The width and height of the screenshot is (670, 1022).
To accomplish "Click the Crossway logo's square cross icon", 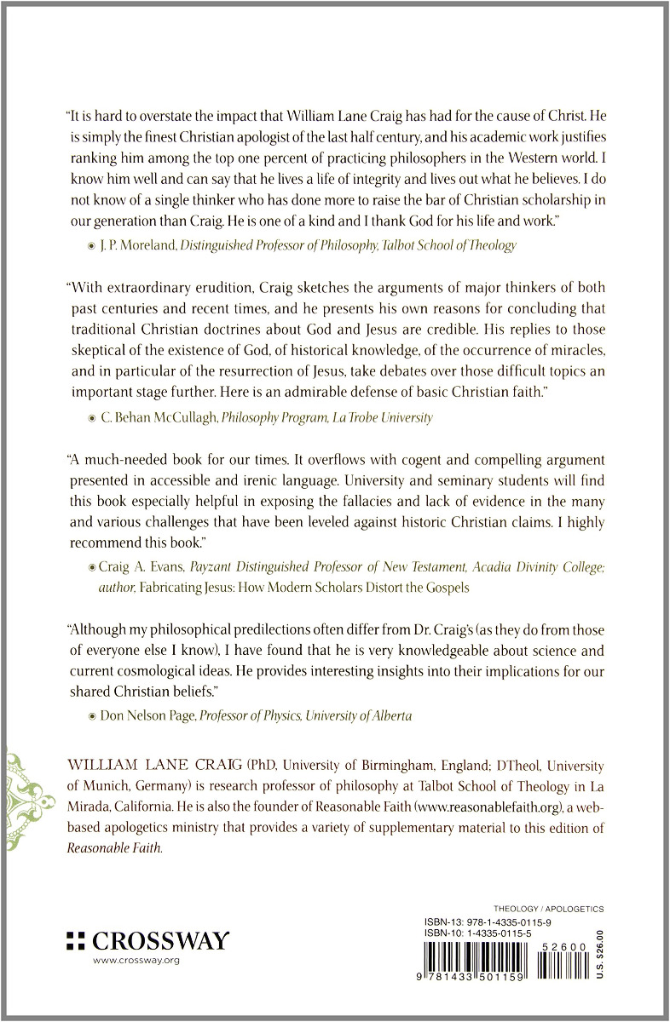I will point(75,940).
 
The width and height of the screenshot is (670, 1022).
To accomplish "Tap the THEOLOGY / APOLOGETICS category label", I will point(549,910).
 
